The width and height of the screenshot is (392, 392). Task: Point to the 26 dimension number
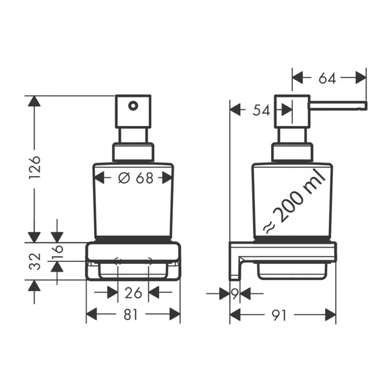click(133, 293)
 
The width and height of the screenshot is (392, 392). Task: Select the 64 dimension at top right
click(328, 79)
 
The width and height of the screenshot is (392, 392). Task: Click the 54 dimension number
click(259, 111)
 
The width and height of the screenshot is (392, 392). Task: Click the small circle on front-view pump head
click(133, 105)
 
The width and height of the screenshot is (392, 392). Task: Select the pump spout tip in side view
click(363, 106)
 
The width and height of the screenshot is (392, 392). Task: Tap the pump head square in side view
click(292, 111)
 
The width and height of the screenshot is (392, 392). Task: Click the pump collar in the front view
click(133, 151)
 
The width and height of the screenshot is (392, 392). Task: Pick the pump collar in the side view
click(292, 151)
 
